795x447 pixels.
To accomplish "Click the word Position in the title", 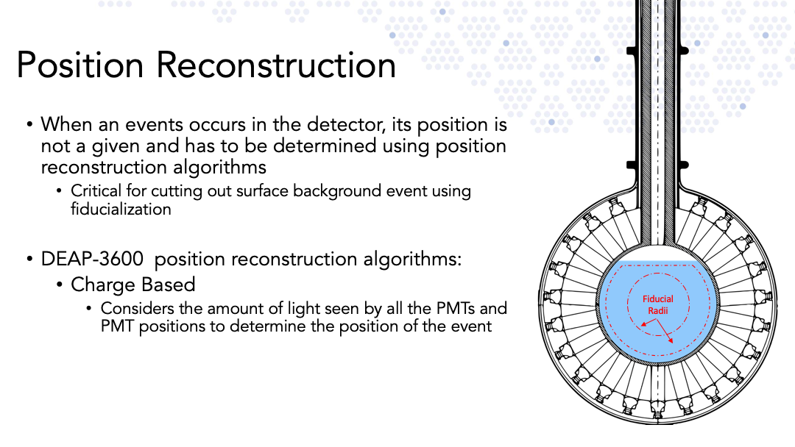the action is pos(80,65).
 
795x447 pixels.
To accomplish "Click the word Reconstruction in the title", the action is pos(276,65).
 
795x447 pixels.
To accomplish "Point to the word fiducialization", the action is pos(121,209).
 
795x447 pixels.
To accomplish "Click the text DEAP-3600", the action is pos(92,259).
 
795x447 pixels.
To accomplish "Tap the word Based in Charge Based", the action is pos(169,285).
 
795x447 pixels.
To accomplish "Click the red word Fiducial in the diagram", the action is pos(658,299).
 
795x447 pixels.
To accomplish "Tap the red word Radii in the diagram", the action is pos(658,310).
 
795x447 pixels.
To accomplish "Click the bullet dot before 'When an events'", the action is pos(30,124).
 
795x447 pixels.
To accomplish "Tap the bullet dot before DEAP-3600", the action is pos(30,260).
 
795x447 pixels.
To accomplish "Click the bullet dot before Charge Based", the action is pos(60,285).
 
